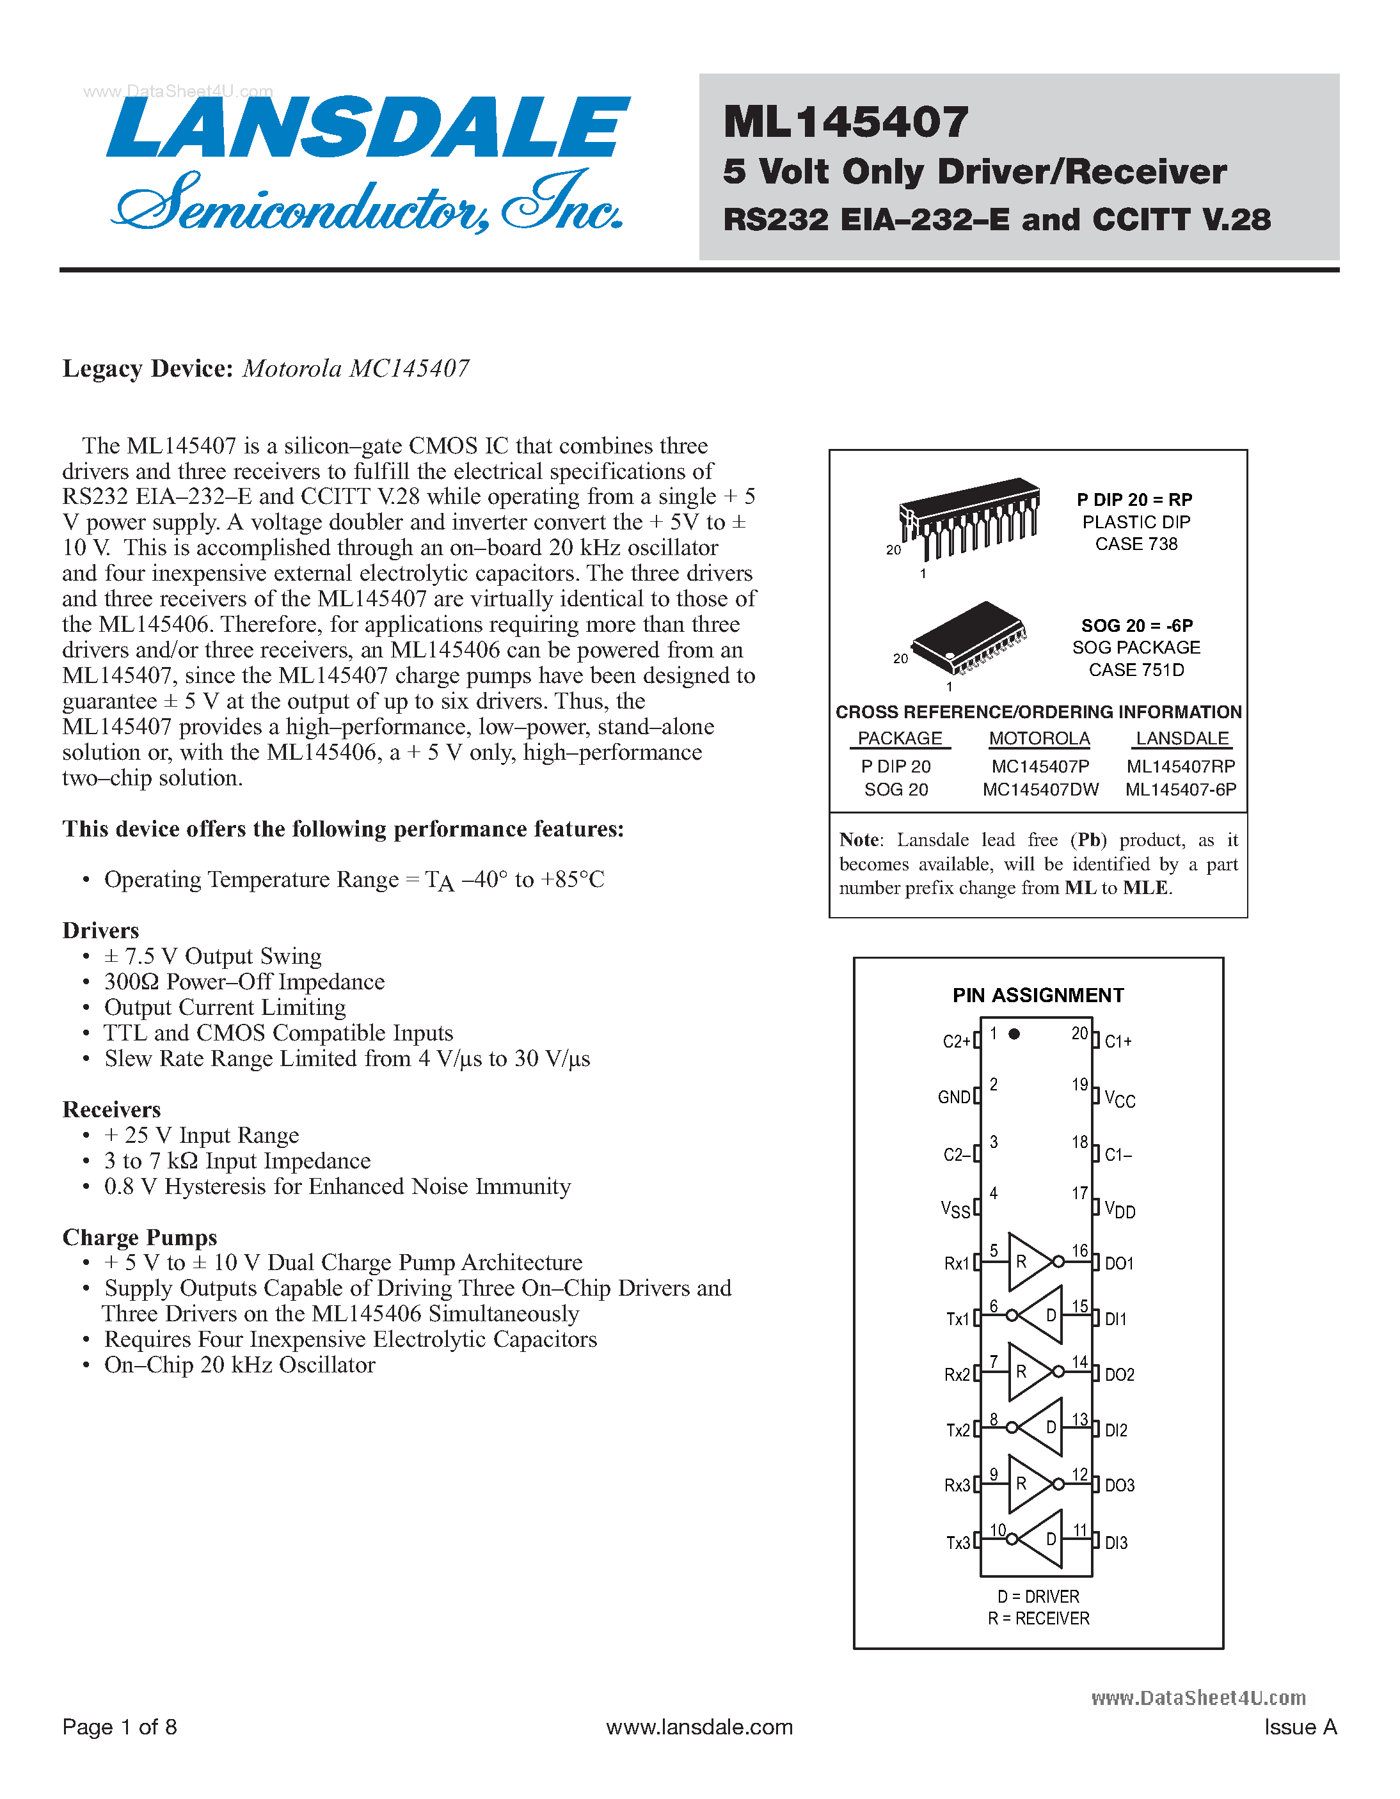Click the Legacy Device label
pos(148,368)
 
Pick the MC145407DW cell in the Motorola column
pos(1040,789)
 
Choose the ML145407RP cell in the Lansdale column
pos(1181,766)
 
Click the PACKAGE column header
pos(900,739)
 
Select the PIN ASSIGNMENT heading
pos(1037,995)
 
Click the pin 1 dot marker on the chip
pos(1014,1033)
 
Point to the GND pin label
pos(954,1097)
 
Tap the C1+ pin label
pos(1118,1042)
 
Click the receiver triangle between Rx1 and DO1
pos(1029,1261)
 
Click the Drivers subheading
pos(100,931)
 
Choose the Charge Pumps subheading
pos(139,1237)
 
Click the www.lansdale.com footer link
pos(699,1727)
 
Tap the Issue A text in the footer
pos(1300,1727)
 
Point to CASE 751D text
pos(1136,670)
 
